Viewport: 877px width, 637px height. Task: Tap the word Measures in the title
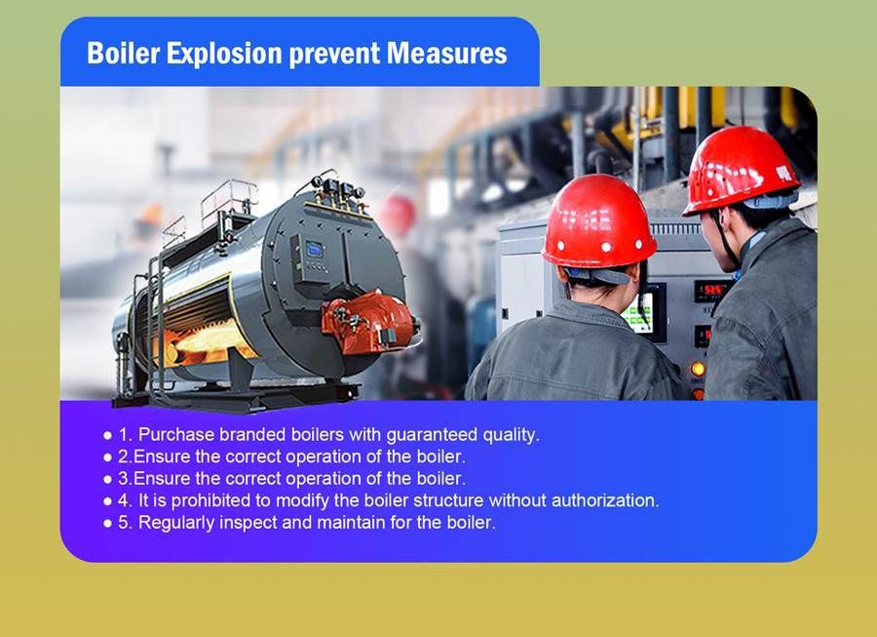click(x=447, y=53)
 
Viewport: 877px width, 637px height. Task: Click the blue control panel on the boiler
click(x=315, y=252)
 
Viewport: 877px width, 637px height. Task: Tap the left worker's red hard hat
click(x=598, y=221)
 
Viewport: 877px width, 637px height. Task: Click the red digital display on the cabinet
click(x=710, y=290)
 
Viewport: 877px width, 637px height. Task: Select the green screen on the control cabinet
click(x=638, y=313)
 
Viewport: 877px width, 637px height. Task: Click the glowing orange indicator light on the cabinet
click(x=697, y=369)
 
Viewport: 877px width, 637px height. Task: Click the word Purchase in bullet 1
click(x=174, y=434)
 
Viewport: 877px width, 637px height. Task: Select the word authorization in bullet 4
click(x=603, y=500)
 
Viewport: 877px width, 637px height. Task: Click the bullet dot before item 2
click(x=108, y=457)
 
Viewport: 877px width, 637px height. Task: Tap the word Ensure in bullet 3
click(x=158, y=478)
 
